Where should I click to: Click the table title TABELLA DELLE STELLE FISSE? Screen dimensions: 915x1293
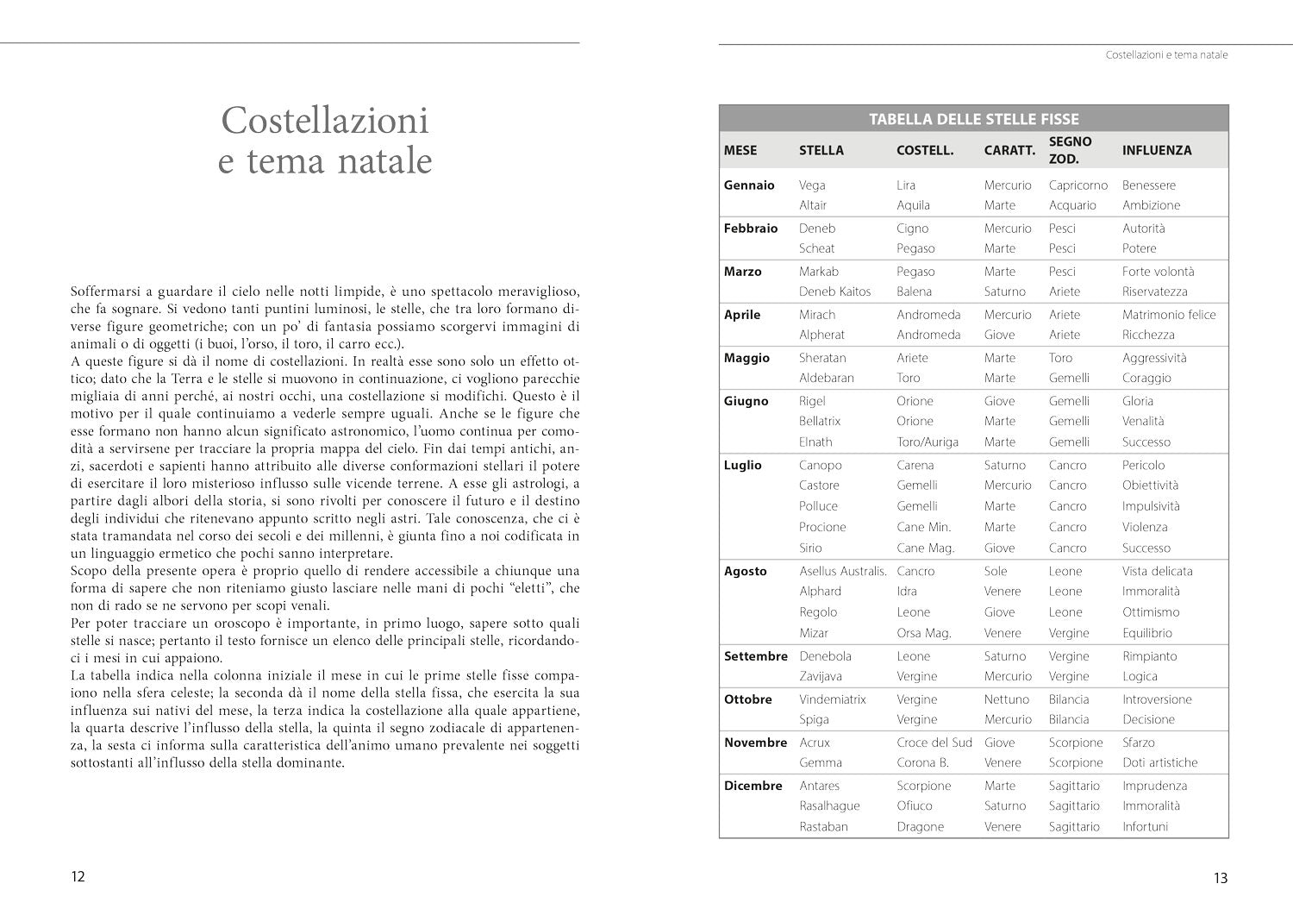click(x=973, y=119)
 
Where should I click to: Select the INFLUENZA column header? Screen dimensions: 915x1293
click(x=1156, y=150)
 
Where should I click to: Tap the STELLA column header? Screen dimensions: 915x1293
click(x=821, y=150)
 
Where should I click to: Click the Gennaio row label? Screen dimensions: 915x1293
click(x=749, y=185)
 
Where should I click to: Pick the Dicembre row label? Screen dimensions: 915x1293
click(x=753, y=786)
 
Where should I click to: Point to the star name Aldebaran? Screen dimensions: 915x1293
click(x=826, y=378)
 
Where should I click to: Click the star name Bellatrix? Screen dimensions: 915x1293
click(x=819, y=421)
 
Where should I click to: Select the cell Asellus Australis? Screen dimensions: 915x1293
click(x=842, y=571)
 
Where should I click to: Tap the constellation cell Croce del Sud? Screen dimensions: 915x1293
click(x=934, y=743)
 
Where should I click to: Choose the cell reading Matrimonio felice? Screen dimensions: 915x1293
click(x=1168, y=315)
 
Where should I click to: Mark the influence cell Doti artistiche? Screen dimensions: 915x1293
click(x=1159, y=762)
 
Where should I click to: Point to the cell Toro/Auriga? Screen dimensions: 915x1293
click(x=927, y=442)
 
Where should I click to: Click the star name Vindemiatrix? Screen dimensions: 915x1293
click(x=832, y=699)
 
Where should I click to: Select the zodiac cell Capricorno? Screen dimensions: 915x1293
click(x=1077, y=185)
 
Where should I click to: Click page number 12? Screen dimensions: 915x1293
click(x=78, y=877)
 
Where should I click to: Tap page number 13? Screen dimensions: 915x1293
click(x=1220, y=879)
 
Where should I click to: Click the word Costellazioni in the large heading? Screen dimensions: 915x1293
click(x=325, y=120)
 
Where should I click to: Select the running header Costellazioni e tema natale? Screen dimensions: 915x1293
click(x=1166, y=55)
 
